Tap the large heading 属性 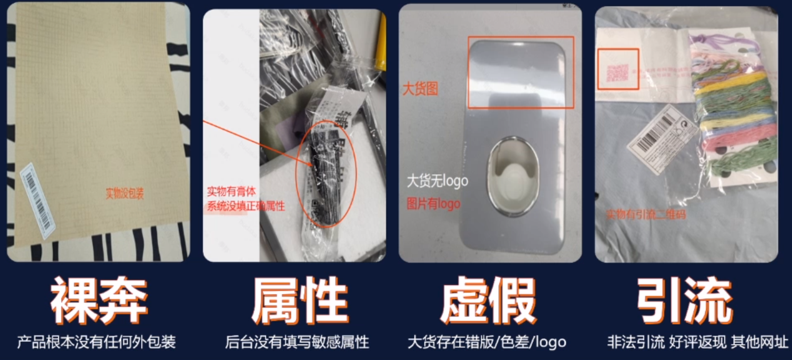click(x=299, y=301)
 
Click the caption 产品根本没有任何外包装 click(x=96, y=342)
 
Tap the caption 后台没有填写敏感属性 click(x=297, y=342)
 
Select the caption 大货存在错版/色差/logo click(x=487, y=342)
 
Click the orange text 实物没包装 click(x=124, y=194)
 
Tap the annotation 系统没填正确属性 click(x=246, y=206)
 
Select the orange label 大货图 click(x=420, y=89)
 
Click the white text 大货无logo click(x=438, y=182)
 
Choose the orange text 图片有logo click(x=433, y=204)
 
